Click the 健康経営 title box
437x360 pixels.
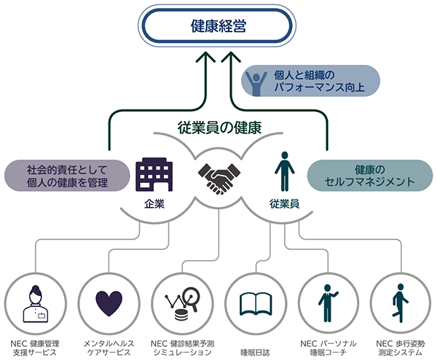click(218, 28)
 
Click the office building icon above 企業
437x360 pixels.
click(154, 173)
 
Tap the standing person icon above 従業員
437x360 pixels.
click(283, 173)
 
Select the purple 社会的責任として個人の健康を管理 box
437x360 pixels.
click(68, 176)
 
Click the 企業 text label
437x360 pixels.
click(154, 203)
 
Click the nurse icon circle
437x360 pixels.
click(36, 302)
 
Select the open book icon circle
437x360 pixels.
click(254, 302)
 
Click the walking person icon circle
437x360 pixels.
click(401, 302)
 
